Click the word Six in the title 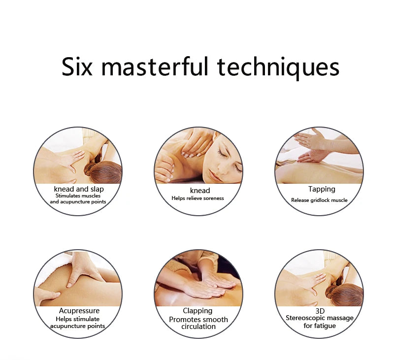77,66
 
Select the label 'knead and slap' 79,189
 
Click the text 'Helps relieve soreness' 198,198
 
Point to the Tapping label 322,189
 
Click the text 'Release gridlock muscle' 319,200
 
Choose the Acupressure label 79,311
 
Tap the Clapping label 197,311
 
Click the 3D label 320,311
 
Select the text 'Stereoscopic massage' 320,318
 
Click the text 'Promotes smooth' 198,320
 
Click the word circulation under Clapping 198,327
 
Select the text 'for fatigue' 320,326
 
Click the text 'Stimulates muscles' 78,196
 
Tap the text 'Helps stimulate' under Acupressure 78,319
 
